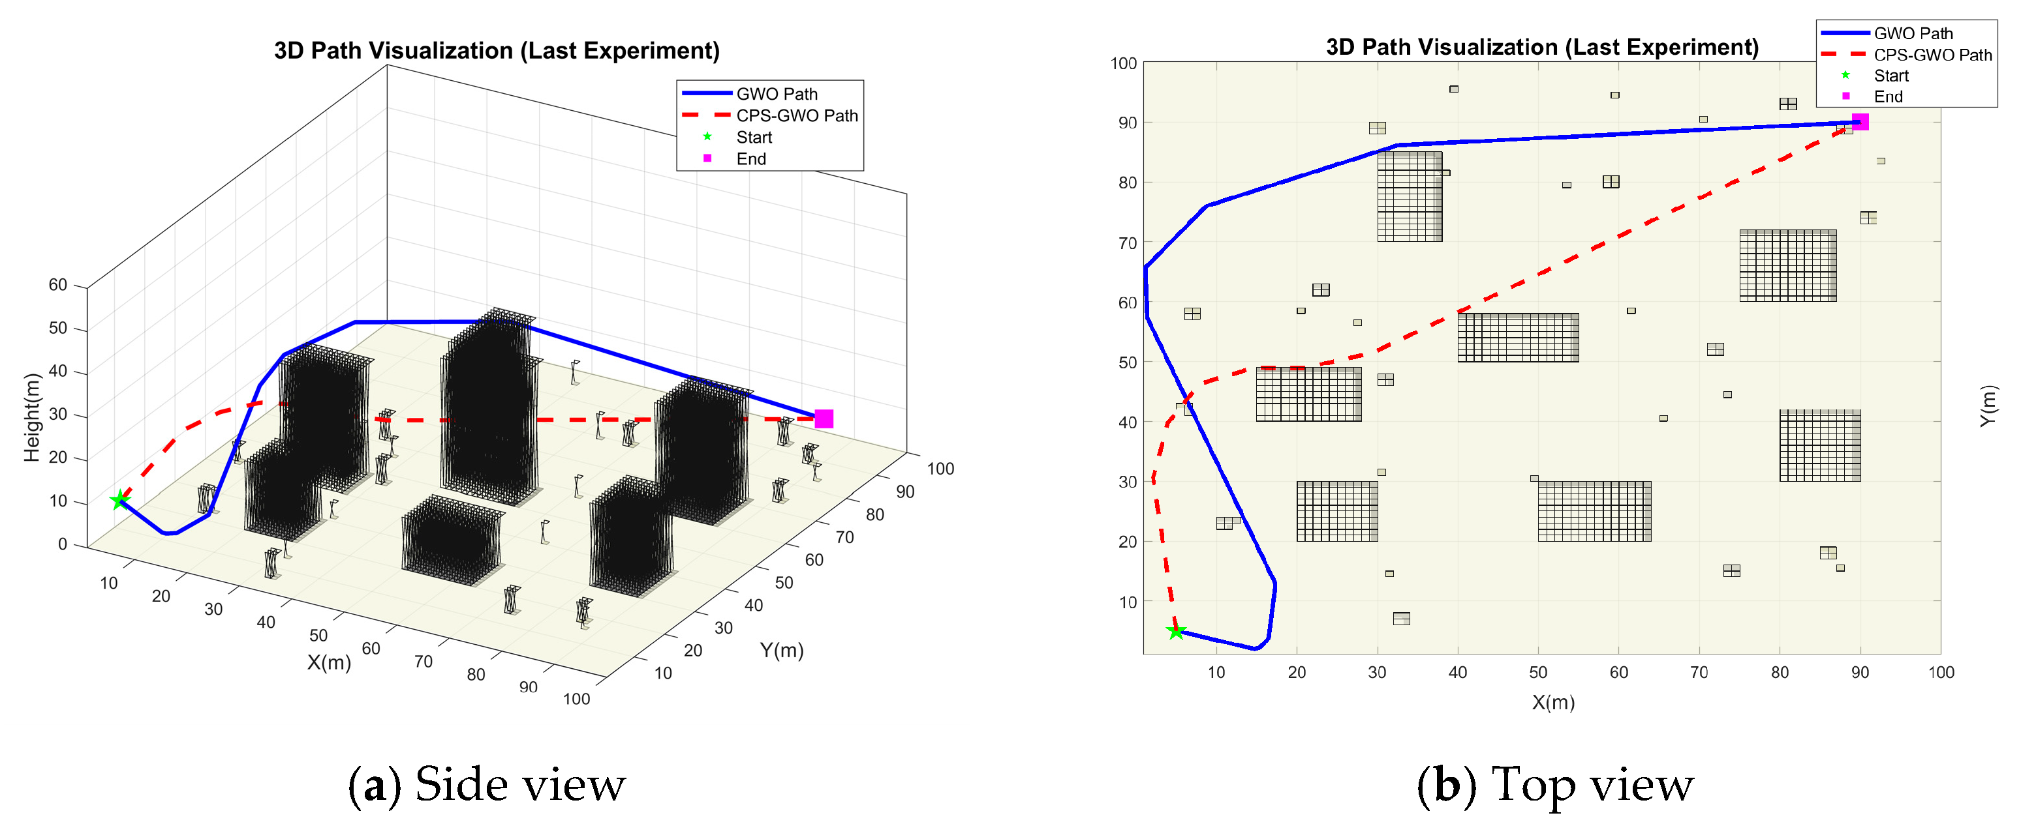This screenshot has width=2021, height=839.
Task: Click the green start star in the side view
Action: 119,499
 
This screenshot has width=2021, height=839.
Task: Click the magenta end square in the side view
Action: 823,419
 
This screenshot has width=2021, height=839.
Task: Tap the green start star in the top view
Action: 1175,631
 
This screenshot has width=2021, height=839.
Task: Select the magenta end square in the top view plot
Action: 1859,121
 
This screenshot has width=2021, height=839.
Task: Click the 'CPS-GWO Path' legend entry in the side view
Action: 796,116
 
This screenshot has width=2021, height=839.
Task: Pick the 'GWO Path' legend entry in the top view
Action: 1913,34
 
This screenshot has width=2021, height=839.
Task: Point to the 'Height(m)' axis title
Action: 31,417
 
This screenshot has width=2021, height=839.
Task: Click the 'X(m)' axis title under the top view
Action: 1553,702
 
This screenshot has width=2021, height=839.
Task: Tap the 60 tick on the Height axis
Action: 58,285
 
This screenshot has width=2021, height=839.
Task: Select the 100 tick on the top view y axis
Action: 1124,63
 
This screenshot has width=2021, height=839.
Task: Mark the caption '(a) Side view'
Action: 486,785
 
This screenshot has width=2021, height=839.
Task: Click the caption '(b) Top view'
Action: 1555,785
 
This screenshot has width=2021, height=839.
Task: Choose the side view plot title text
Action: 497,51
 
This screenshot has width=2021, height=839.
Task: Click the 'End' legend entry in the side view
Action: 751,159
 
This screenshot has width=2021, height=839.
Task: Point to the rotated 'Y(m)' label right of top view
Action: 1986,406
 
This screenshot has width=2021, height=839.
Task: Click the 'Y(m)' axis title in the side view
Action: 781,650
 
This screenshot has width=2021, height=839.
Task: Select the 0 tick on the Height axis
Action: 63,544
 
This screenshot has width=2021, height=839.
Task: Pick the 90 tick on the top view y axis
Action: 1128,123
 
